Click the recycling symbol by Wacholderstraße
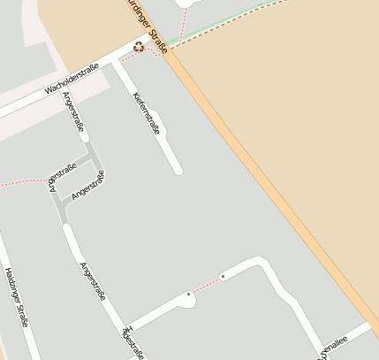click(x=139, y=47)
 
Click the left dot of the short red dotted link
click(x=188, y=294)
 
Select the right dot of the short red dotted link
click(x=223, y=277)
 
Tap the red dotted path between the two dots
click(x=205, y=286)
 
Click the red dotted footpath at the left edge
click(x=18, y=183)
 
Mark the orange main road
click(x=265, y=177)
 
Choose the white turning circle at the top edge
click(x=188, y=3)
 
